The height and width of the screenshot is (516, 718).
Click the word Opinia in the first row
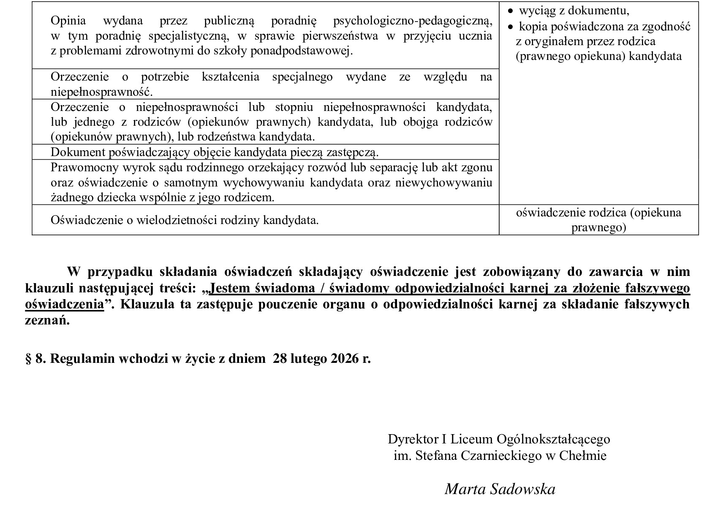(x=68, y=20)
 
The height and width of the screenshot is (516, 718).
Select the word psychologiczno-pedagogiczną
(x=412, y=20)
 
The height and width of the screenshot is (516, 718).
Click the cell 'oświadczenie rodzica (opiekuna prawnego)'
(x=598, y=220)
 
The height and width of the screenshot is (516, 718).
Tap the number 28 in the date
(x=280, y=359)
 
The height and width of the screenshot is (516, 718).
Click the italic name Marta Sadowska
(x=500, y=489)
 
